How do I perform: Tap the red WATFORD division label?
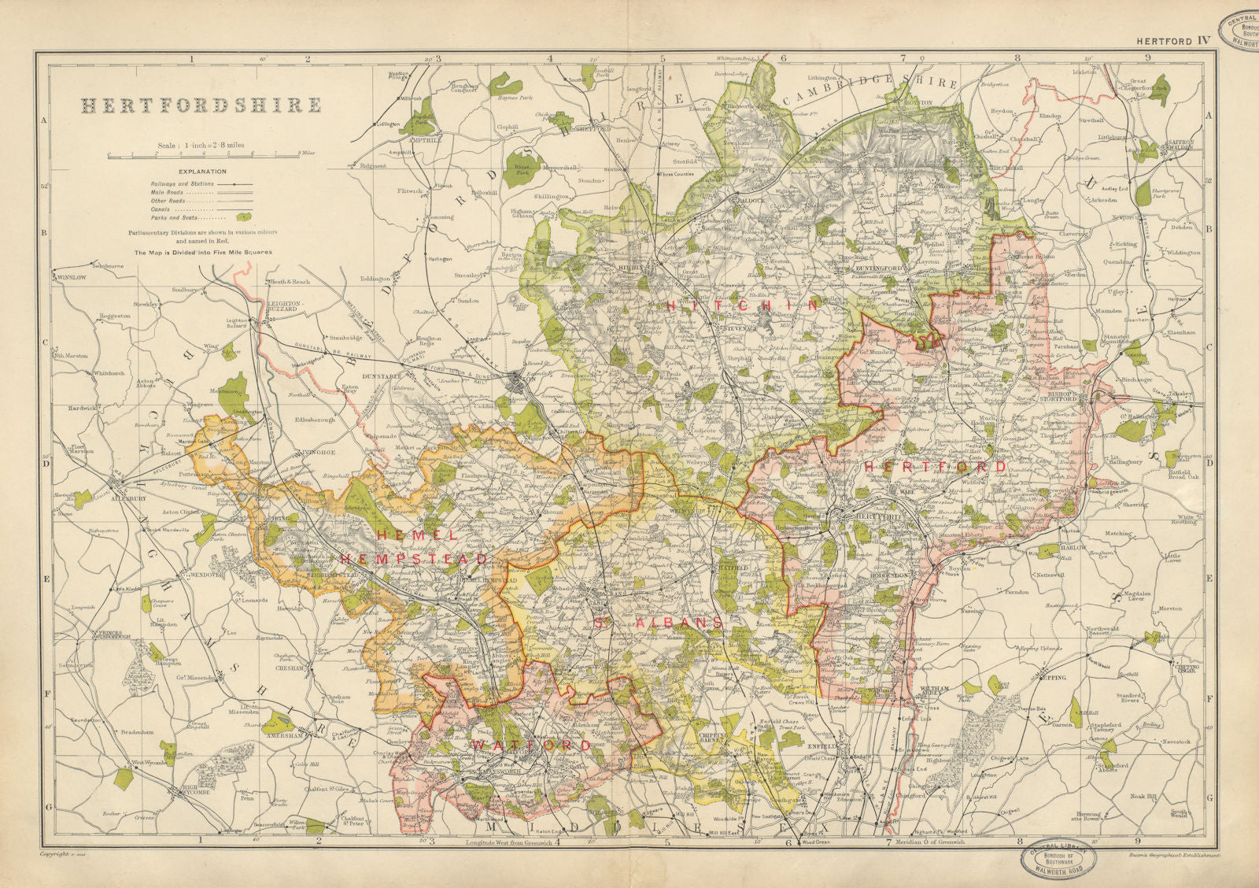click(530, 745)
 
